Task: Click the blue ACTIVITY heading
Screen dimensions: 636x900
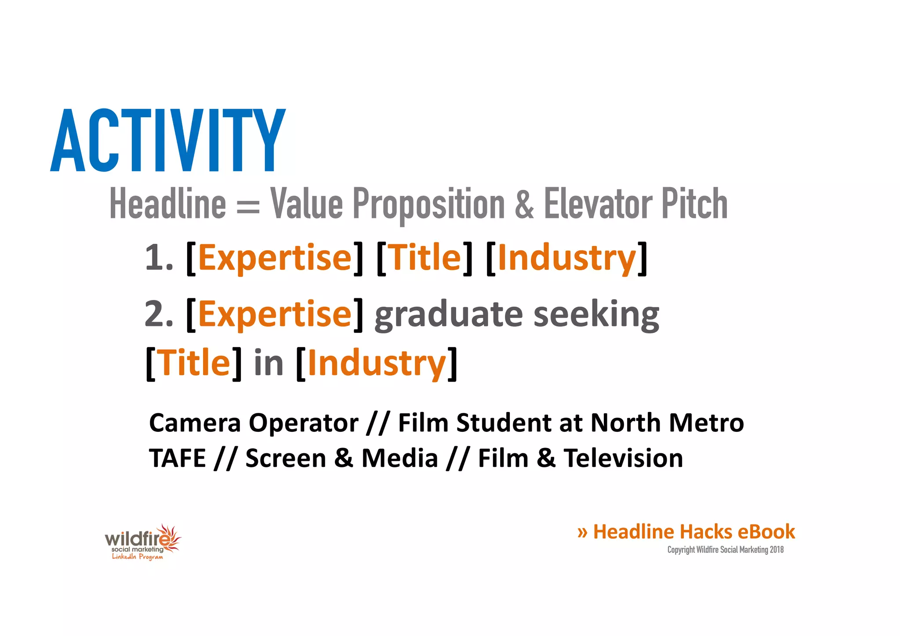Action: pyautogui.click(x=168, y=141)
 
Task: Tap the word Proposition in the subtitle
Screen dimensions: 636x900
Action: pyautogui.click(x=429, y=204)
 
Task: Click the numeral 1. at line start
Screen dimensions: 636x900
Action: pyautogui.click(x=159, y=258)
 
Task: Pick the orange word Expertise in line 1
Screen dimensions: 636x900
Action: pyautogui.click(x=275, y=258)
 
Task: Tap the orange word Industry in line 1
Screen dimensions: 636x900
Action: pyautogui.click(x=567, y=258)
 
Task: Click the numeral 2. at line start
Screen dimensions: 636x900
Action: pyautogui.click(x=159, y=314)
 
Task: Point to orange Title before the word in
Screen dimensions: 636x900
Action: pyautogui.click(x=193, y=363)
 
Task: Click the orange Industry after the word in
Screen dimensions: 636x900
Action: pyautogui.click(x=377, y=363)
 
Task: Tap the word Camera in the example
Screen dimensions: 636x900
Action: pyautogui.click(x=195, y=423)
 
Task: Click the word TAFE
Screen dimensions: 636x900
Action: pyautogui.click(x=178, y=459)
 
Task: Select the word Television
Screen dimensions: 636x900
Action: pyautogui.click(x=624, y=459)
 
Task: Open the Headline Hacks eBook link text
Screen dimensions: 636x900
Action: pyautogui.click(x=693, y=532)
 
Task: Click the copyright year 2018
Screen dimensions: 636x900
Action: pyautogui.click(x=777, y=550)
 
